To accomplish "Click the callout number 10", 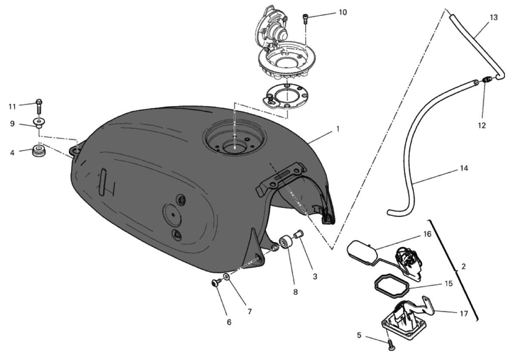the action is point(343,12).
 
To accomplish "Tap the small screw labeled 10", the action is point(306,19).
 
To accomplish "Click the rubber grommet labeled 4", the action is point(39,152).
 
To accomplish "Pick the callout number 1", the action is point(338,129).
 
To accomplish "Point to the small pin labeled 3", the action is point(299,234).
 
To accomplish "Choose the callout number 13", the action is point(494,17).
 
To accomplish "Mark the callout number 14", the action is point(464,168).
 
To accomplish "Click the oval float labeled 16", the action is point(361,250).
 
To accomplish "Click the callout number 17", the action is point(464,313).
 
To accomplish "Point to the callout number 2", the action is point(463,266).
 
